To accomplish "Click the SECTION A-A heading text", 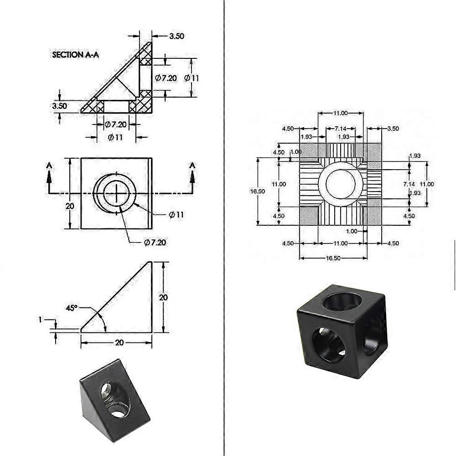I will [x=76, y=55].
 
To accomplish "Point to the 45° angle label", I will [x=72, y=308].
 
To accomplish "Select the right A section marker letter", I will [x=192, y=165].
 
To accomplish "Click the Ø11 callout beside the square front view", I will [x=176, y=215].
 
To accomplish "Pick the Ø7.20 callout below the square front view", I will [x=155, y=242].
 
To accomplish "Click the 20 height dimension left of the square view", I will [x=70, y=206].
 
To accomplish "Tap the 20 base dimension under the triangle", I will [x=119, y=342].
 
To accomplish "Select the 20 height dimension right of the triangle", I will [x=163, y=297].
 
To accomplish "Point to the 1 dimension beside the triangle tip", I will [x=40, y=320].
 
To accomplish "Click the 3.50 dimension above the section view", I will [x=176, y=36].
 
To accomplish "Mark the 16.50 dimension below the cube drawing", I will [x=334, y=258].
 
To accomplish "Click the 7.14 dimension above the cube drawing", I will [x=340, y=129].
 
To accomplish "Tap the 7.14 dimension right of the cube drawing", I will [x=409, y=184].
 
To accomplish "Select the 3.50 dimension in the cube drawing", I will [x=392, y=129].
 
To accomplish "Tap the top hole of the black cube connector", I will [x=342, y=301].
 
